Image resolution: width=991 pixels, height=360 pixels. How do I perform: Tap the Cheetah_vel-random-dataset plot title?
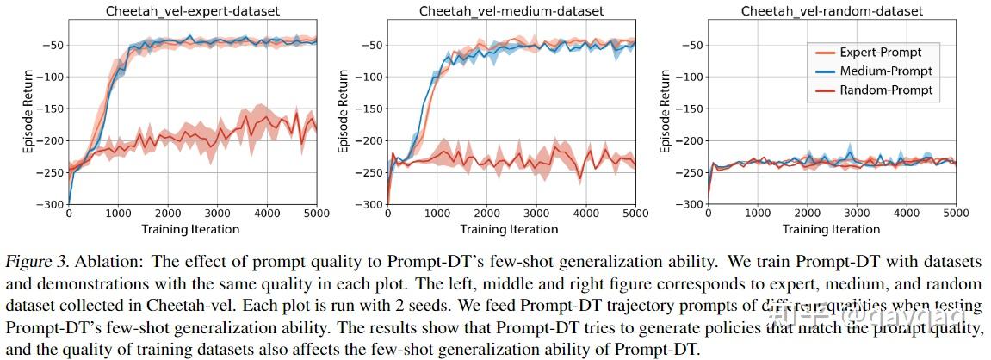(x=832, y=11)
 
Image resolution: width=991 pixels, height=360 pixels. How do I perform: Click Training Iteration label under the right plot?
(x=831, y=229)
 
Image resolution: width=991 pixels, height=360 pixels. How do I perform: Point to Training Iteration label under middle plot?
(x=511, y=229)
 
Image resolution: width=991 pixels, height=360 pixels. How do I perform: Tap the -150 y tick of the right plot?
(x=691, y=109)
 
